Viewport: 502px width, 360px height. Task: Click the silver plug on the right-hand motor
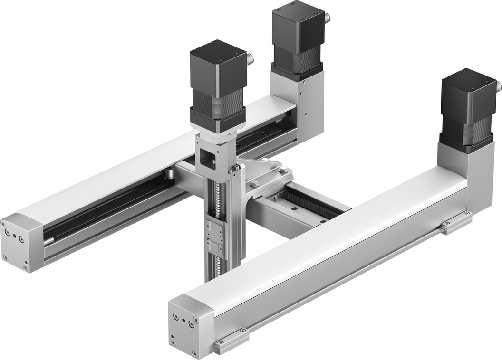(498, 86)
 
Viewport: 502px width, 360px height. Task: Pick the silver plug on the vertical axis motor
(250, 59)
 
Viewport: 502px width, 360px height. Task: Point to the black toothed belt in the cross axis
(309, 204)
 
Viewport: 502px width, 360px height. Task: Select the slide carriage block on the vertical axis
(216, 237)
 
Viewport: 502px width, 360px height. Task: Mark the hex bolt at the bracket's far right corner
(283, 169)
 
